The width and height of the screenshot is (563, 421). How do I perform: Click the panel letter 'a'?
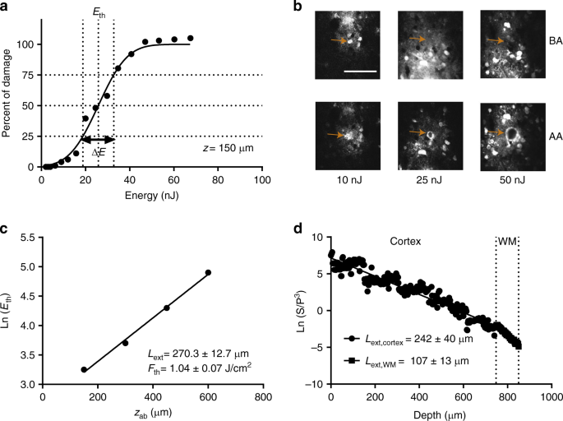(7, 7)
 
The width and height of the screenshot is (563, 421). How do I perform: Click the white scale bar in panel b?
(358, 72)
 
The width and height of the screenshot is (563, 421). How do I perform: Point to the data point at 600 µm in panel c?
(208, 272)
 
